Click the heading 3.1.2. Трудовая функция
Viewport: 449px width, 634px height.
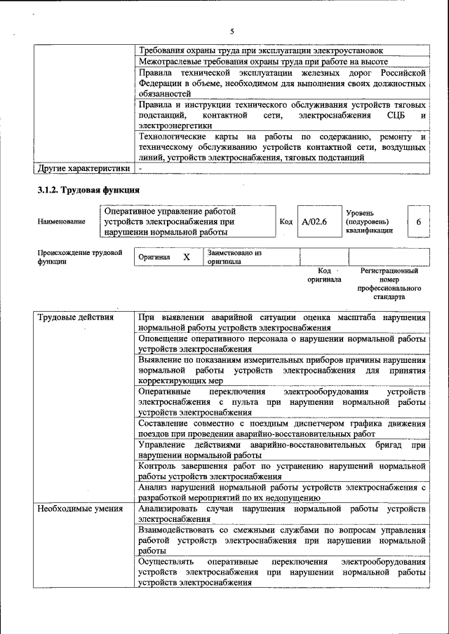(88, 190)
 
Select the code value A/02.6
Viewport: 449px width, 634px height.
(314, 222)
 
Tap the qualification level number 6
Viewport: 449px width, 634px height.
(418, 222)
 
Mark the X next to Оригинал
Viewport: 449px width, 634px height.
(187, 257)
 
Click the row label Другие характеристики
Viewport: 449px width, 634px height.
(83, 168)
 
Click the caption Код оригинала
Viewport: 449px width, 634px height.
(324, 275)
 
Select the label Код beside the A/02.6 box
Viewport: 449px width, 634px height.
(286, 222)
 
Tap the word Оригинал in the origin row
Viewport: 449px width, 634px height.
(154, 257)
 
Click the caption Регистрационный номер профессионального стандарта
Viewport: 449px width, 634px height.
(389, 283)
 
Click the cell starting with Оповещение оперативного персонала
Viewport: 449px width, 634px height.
(282, 343)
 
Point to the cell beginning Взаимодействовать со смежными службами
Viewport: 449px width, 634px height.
(282, 541)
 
